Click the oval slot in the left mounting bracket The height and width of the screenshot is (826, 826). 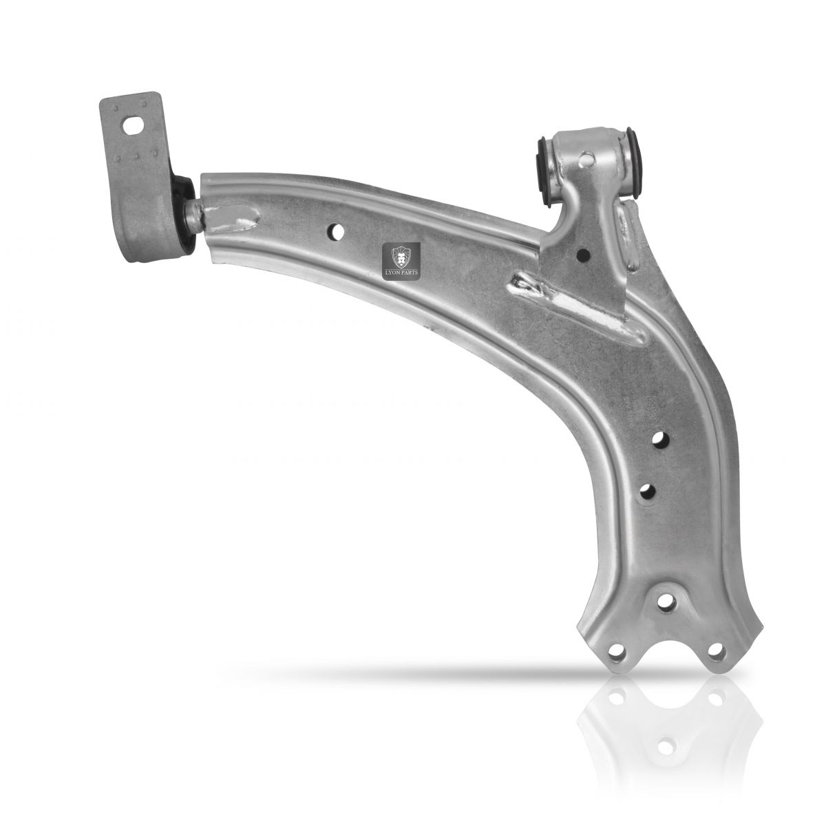[x=134, y=125]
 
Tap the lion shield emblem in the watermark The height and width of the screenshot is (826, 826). [x=401, y=257]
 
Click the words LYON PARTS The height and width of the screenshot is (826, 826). [x=401, y=273]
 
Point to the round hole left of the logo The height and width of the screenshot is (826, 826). [x=336, y=232]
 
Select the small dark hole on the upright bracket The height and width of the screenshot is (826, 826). [x=583, y=255]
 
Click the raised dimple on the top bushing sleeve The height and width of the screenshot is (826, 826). [x=586, y=161]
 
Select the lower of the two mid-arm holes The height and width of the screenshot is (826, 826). [x=648, y=491]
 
